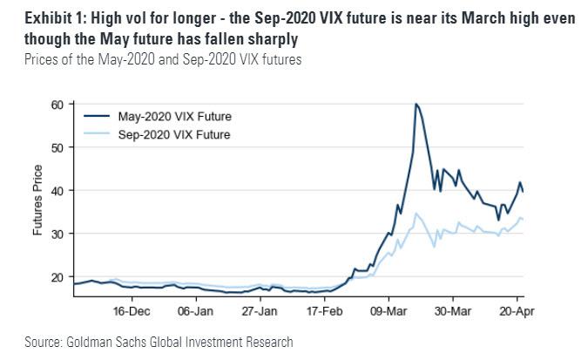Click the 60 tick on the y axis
click(x=58, y=105)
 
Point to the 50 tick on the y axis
click(x=58, y=147)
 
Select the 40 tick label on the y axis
click(x=58, y=190)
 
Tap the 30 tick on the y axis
click(x=58, y=233)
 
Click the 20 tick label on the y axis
click(x=58, y=276)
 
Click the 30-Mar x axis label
click(x=453, y=309)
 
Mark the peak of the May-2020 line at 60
click(x=416, y=105)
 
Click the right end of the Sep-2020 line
click(x=523, y=219)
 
